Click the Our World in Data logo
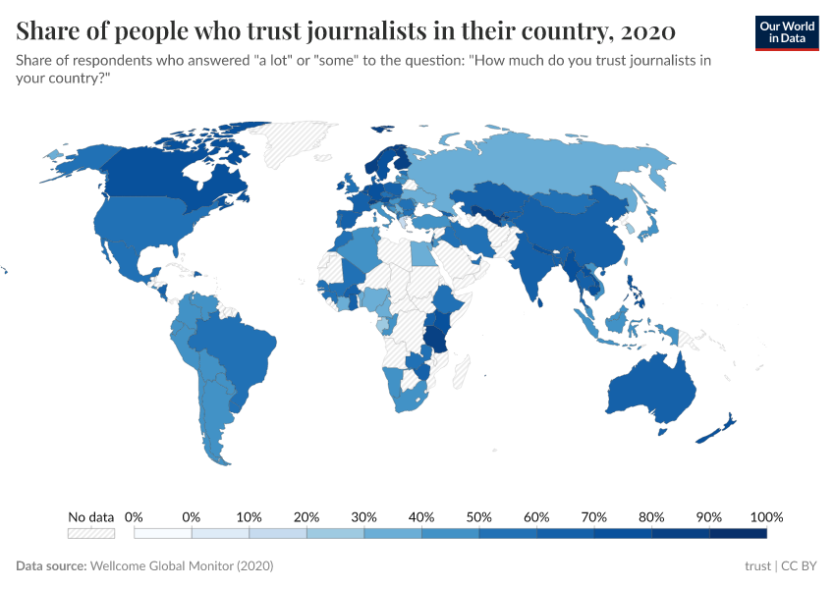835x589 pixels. (x=786, y=32)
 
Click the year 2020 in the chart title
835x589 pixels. (x=647, y=31)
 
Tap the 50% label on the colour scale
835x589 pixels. (x=479, y=516)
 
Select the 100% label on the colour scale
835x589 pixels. (x=765, y=516)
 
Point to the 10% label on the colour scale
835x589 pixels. (x=250, y=516)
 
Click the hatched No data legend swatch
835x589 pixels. (x=90, y=533)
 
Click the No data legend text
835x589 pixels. (x=90, y=516)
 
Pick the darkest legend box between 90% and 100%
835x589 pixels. (x=738, y=533)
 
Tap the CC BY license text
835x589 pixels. (x=800, y=566)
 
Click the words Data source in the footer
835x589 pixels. (x=51, y=566)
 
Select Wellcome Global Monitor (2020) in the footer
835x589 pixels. (x=181, y=566)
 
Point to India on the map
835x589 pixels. (x=535, y=270)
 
